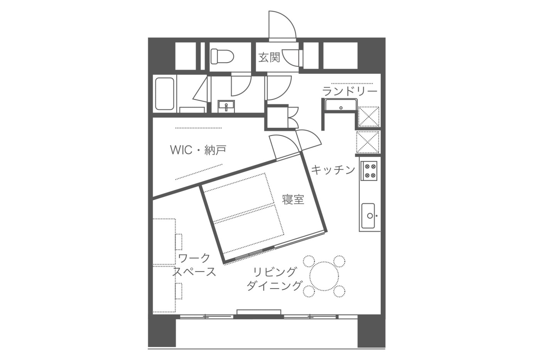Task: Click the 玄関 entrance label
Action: point(269,57)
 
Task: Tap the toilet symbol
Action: point(222,57)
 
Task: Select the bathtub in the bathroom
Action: point(165,93)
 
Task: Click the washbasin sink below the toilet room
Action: point(226,106)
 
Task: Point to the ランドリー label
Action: point(349,91)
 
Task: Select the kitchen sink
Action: point(368,215)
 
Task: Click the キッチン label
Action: point(333,170)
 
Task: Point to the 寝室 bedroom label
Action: point(293,199)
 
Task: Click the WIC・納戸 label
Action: point(198,150)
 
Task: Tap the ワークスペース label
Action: point(194,265)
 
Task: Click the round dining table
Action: point(324,276)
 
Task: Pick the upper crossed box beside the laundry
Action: point(368,117)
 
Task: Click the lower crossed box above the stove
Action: point(368,142)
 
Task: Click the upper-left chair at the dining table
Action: point(309,261)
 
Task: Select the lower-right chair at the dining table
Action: point(339,291)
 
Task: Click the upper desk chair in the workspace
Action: point(179,242)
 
